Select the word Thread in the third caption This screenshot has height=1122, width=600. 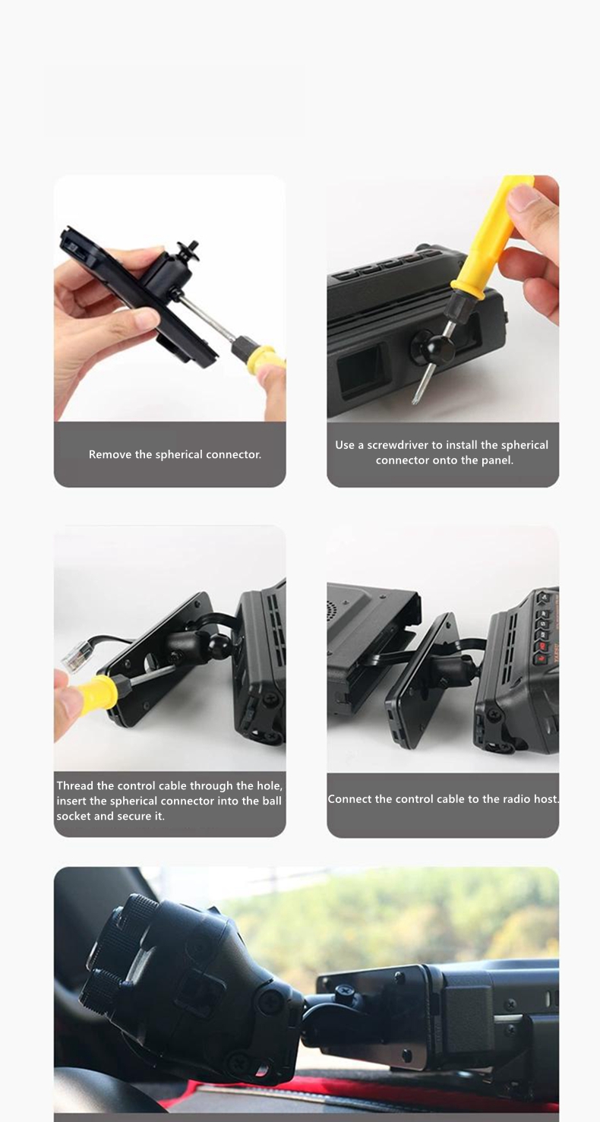click(x=72, y=785)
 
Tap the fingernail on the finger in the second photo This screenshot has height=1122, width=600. click(x=523, y=197)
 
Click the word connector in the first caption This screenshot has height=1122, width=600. click(x=235, y=454)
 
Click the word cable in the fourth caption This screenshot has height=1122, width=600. click(x=448, y=799)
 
